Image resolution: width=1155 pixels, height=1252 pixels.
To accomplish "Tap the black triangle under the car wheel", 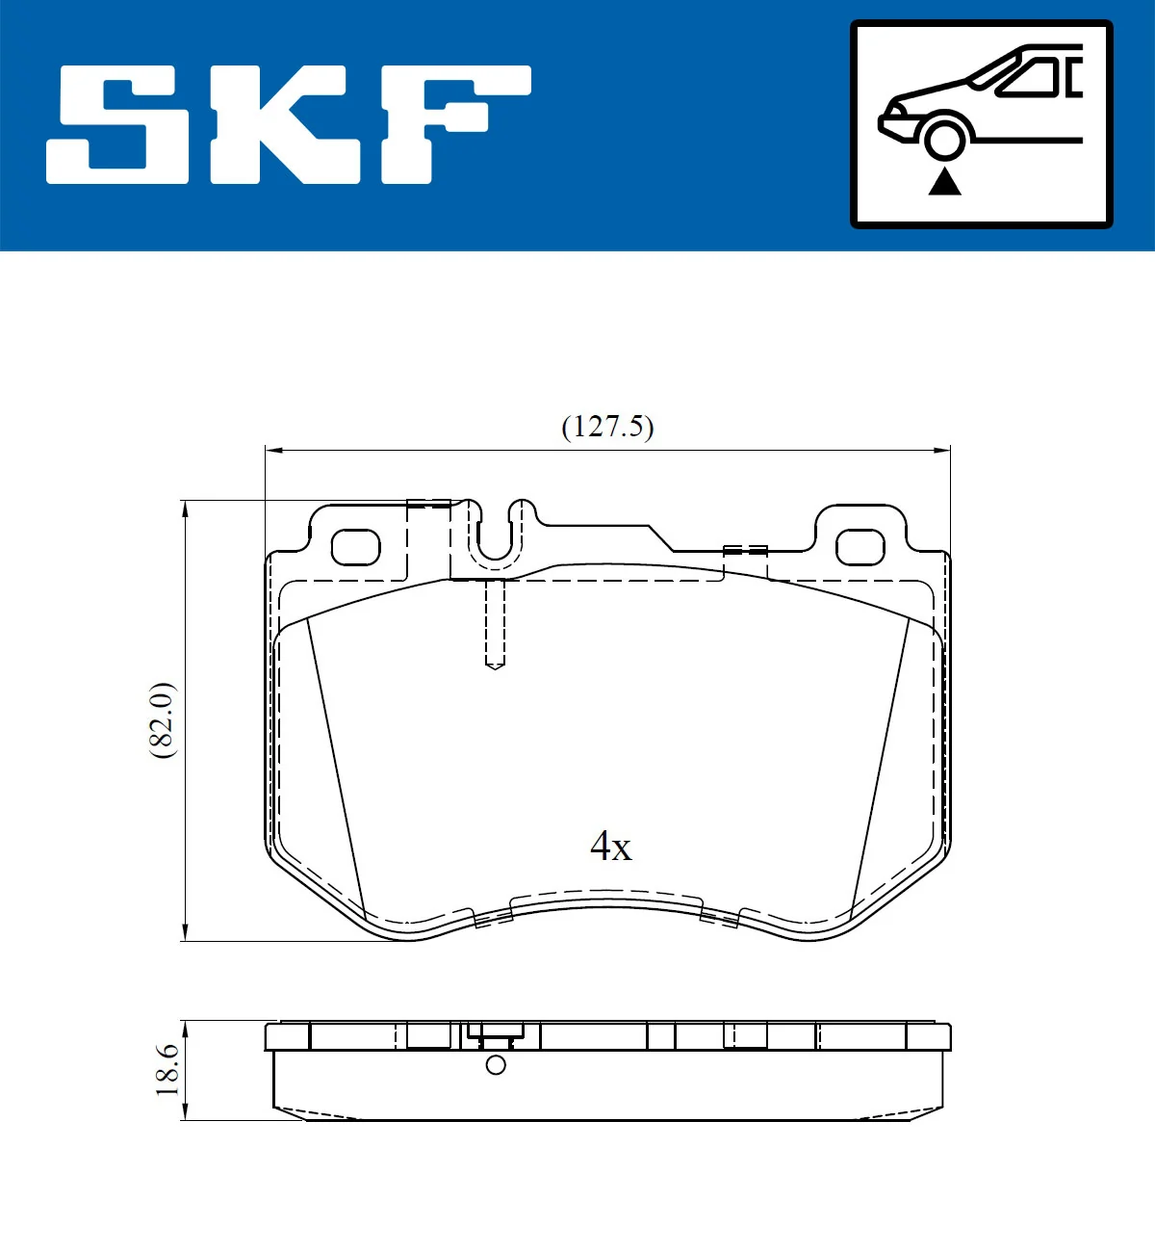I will point(944,181).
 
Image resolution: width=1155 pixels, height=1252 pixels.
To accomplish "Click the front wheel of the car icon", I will point(943,138).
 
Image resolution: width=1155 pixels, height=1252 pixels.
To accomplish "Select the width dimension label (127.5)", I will point(607,427).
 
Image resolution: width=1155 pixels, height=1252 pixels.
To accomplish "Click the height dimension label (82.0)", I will point(162,719).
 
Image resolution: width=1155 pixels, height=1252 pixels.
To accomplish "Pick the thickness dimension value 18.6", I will point(167,1069).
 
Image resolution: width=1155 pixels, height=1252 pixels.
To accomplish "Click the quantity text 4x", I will point(610,847).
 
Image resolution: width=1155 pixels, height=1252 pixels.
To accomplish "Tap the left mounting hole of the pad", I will point(355,547).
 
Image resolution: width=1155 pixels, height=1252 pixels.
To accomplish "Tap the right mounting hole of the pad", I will point(860,547).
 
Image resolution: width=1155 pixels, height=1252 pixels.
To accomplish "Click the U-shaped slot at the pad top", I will point(495,535).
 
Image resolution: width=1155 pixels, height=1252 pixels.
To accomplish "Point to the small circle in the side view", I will point(496,1064).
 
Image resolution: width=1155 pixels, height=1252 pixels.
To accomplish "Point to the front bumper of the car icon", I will point(889,123).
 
